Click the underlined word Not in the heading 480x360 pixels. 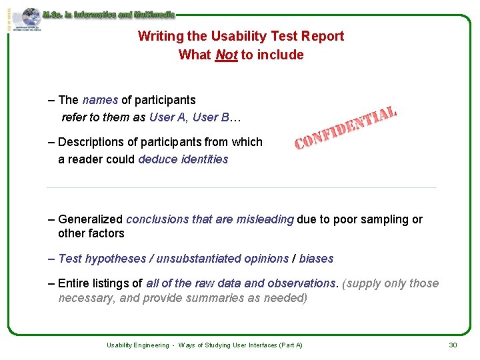(227, 55)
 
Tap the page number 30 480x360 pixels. (453, 345)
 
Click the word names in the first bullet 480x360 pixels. (100, 100)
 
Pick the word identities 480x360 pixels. (205, 159)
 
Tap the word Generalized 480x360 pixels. (91, 219)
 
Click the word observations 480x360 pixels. (300, 283)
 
